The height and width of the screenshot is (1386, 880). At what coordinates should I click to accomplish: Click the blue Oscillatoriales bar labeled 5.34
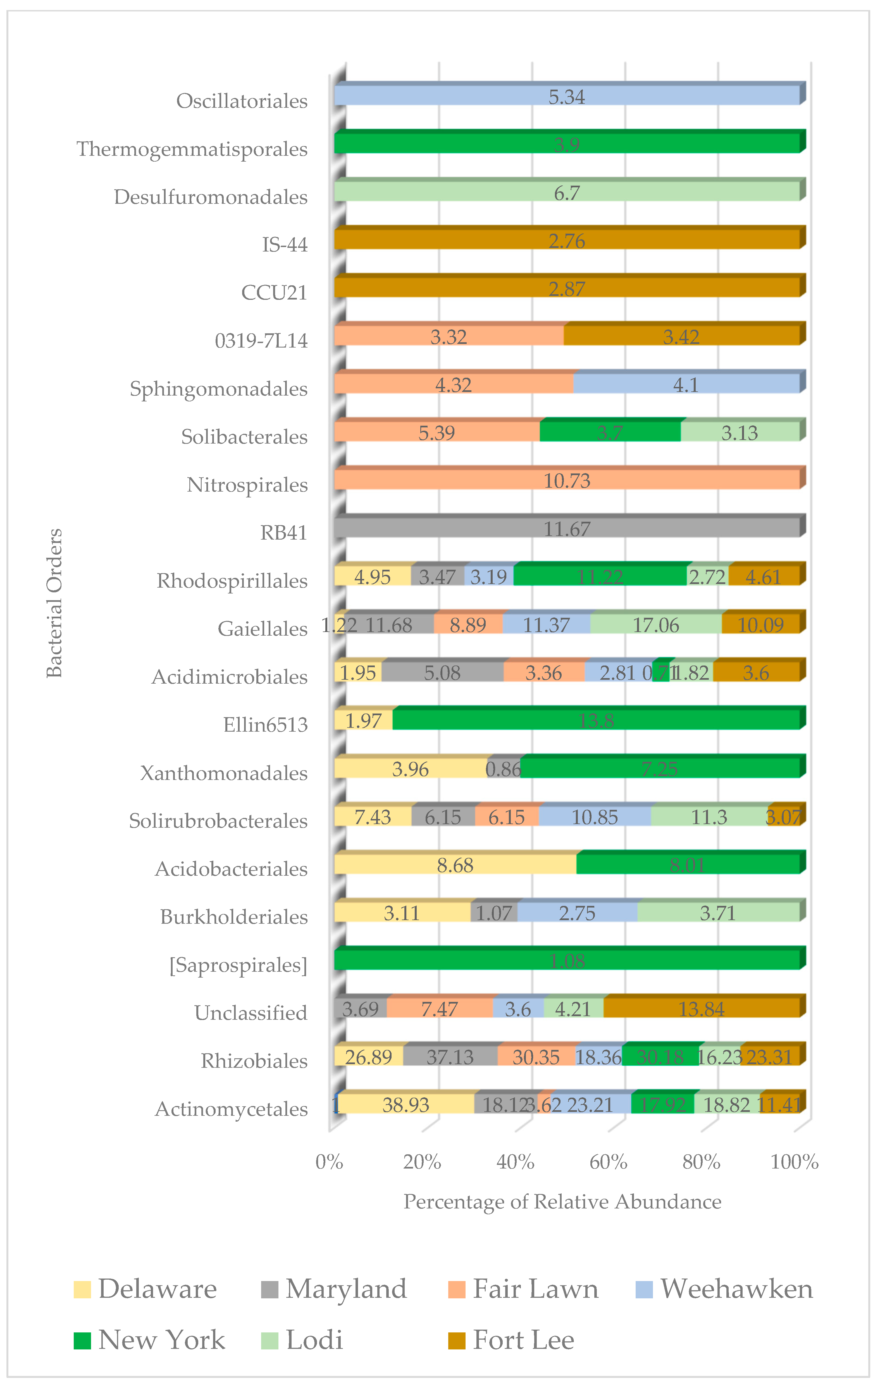[567, 95]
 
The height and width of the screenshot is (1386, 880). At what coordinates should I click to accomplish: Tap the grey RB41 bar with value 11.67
[567, 528]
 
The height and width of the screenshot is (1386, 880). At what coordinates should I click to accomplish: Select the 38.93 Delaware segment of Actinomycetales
[406, 1104]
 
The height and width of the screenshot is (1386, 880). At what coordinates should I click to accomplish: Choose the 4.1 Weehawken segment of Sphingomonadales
[686, 384]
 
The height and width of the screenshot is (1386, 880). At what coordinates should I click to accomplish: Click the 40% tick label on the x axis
[515, 1162]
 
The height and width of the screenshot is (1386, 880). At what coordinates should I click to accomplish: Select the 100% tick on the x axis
[794, 1162]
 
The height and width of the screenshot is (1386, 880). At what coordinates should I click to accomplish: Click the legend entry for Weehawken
[736, 1289]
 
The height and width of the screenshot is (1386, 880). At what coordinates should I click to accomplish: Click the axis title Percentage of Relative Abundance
[562, 1202]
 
